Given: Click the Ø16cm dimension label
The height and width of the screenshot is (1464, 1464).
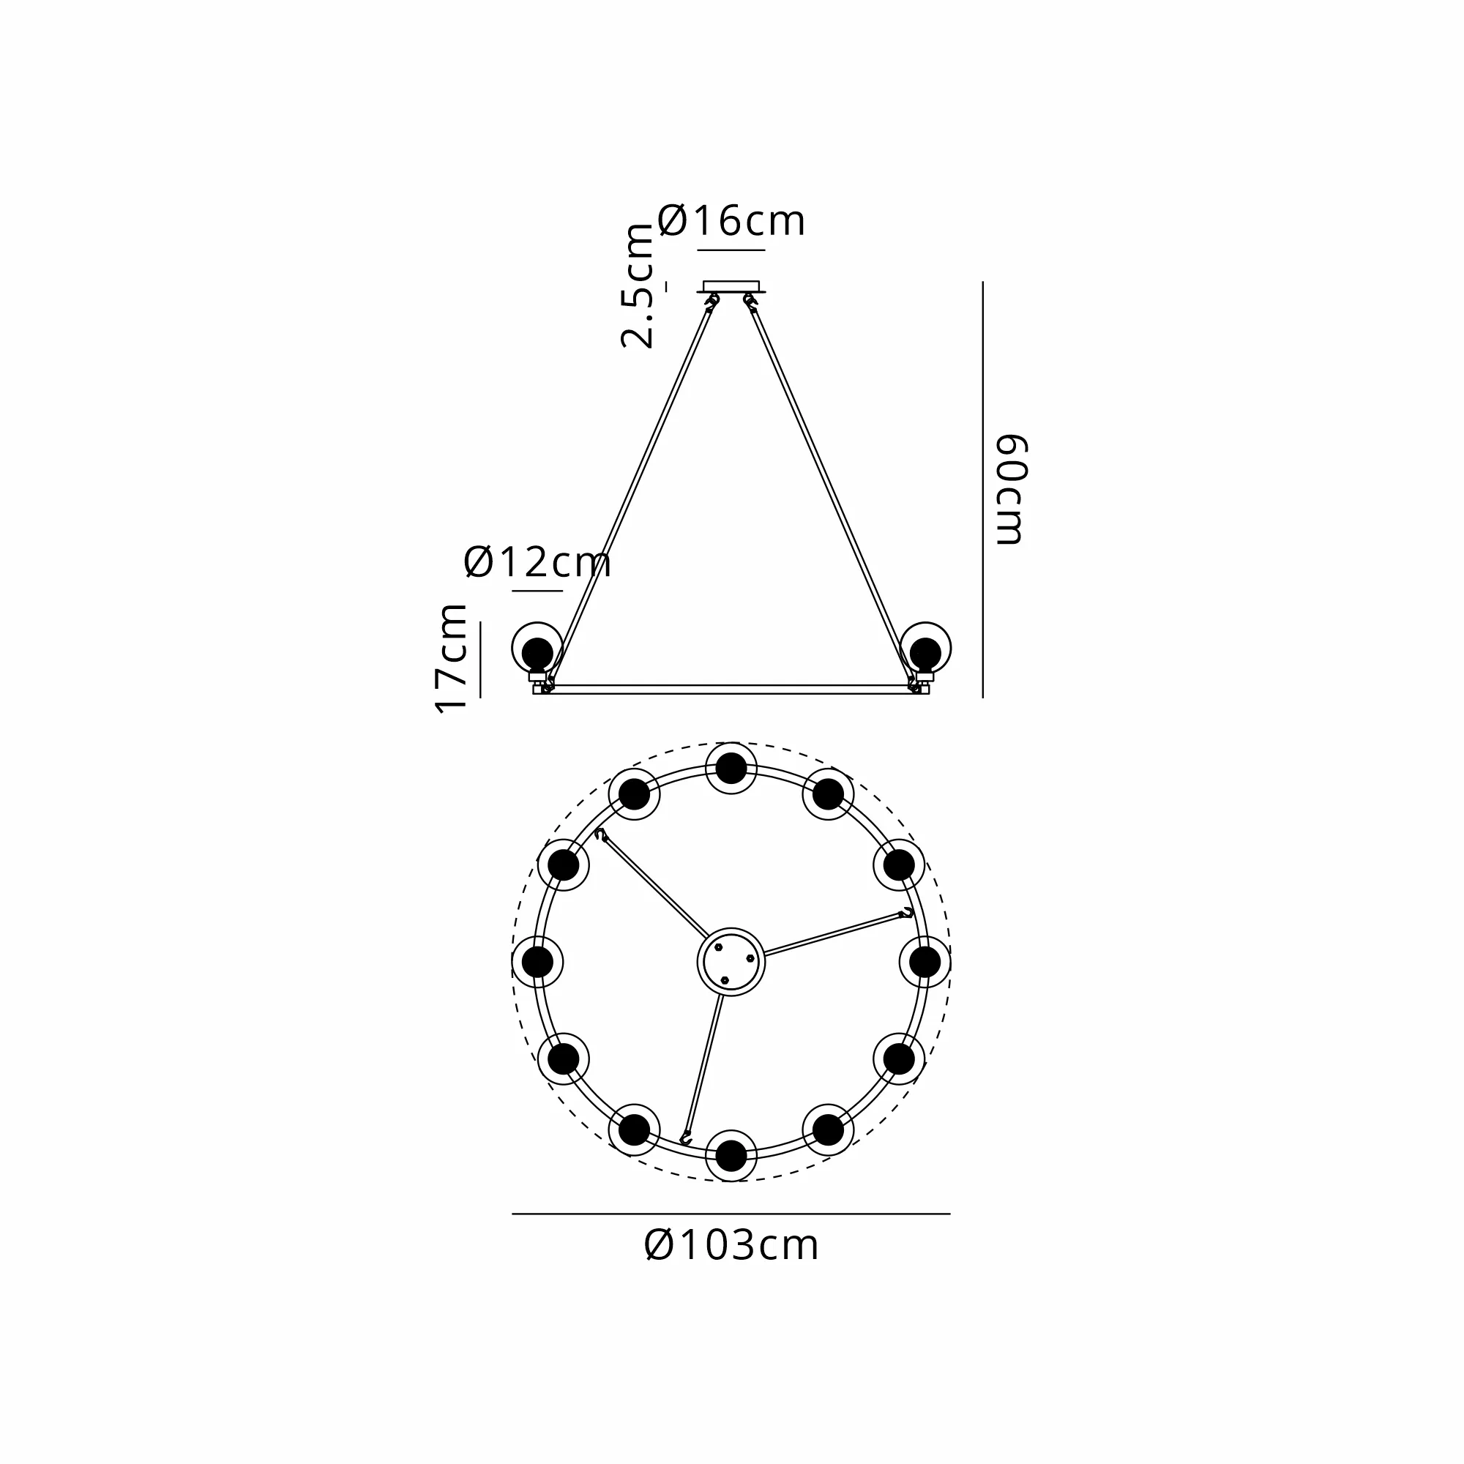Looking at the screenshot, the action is (x=731, y=220).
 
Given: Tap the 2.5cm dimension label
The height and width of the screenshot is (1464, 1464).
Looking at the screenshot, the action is (x=638, y=285).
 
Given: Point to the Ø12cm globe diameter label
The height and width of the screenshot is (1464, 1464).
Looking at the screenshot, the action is (x=537, y=562).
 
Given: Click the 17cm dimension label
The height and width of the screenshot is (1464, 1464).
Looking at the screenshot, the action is (x=451, y=659).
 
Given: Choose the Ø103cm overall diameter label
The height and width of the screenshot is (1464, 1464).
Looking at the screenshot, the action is (x=731, y=1246).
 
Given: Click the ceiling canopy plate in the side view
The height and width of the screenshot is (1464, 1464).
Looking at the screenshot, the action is (x=731, y=286).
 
